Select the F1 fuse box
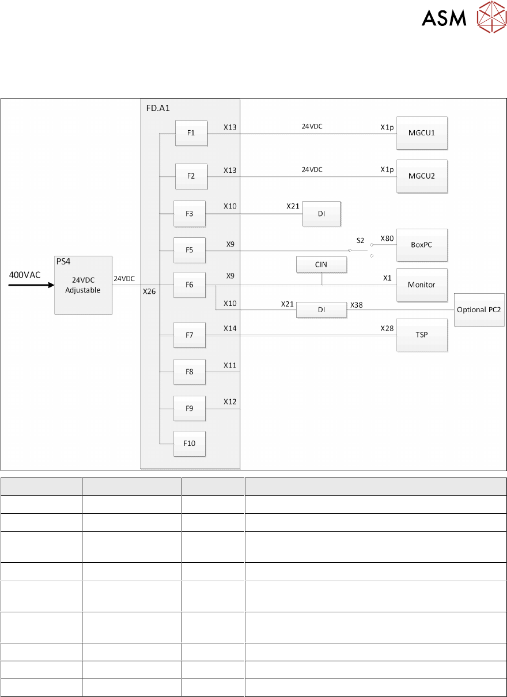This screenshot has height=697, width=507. [x=191, y=133]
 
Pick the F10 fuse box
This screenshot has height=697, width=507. [x=190, y=443]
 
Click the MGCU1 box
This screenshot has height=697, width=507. [x=422, y=133]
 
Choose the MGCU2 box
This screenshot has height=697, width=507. [x=422, y=176]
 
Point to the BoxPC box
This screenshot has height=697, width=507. [x=422, y=245]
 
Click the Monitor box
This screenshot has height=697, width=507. [x=422, y=285]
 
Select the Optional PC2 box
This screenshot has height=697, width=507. [x=479, y=309]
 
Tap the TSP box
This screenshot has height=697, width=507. [x=422, y=335]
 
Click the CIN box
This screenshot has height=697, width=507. [x=321, y=265]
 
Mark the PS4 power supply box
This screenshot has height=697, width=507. [x=83, y=285]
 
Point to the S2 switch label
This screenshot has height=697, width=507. [x=361, y=240]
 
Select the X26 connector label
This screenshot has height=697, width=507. [x=150, y=291]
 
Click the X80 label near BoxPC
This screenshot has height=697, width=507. [x=387, y=238]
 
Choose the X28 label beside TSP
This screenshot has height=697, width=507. [x=387, y=328]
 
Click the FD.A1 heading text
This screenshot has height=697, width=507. [x=153, y=107]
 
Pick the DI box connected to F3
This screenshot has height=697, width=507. [x=321, y=213]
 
